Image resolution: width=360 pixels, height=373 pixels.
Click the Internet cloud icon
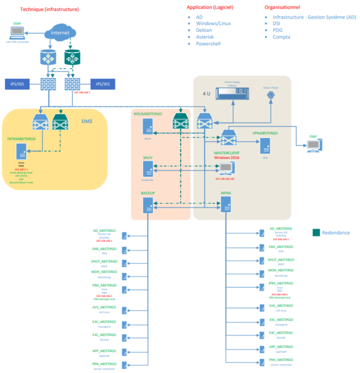(x=60, y=33)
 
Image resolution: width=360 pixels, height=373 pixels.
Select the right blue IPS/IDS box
(x=102, y=84)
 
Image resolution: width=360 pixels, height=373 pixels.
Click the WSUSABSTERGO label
(x=148, y=114)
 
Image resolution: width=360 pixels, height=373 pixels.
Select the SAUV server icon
(x=148, y=169)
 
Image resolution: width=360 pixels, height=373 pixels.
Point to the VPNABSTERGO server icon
(x=264, y=145)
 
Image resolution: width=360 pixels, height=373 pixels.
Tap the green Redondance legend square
(x=316, y=233)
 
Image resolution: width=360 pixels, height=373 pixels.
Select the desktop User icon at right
(x=313, y=146)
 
